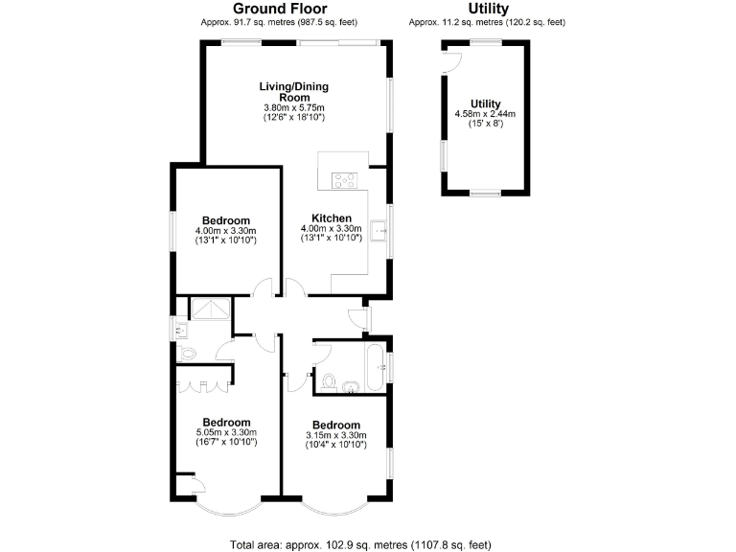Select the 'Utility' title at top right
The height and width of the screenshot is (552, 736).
point(488,9)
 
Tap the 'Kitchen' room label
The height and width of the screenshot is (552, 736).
point(332,218)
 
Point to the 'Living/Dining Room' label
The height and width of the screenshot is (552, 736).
point(295,92)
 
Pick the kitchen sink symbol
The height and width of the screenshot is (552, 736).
point(380,231)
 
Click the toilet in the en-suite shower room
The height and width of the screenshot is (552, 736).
point(187,354)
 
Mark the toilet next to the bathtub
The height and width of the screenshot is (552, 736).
point(329,382)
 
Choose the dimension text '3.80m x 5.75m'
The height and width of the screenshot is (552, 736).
point(295,108)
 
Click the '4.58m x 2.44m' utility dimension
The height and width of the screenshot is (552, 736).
point(485,114)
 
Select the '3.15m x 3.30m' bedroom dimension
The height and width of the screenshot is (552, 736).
point(336,436)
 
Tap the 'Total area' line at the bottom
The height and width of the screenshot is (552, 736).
point(360,543)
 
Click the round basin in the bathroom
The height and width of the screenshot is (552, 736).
point(349,386)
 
